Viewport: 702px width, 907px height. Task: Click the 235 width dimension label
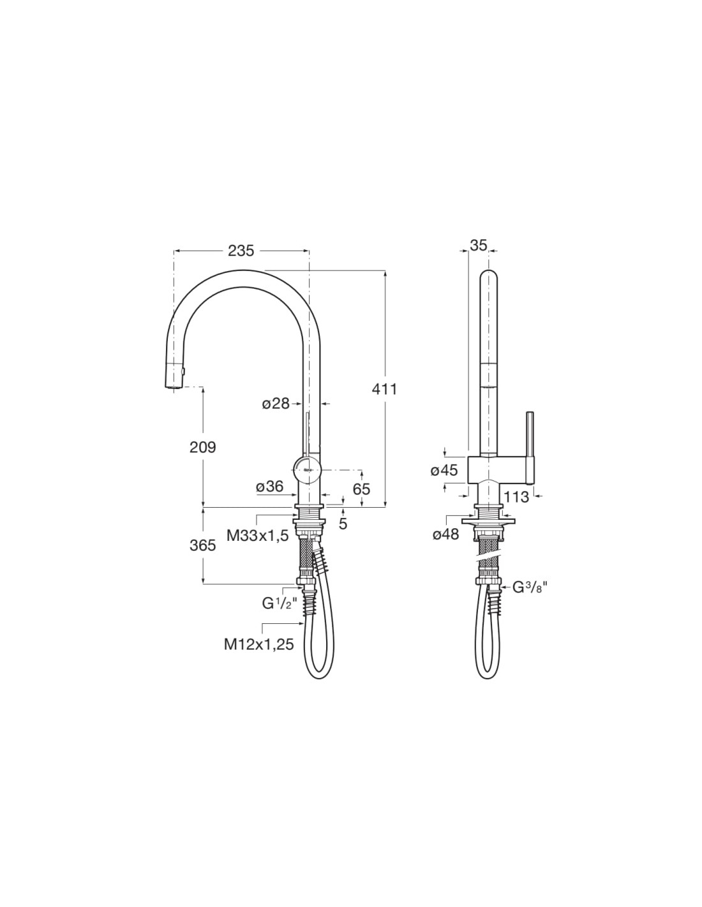click(x=241, y=251)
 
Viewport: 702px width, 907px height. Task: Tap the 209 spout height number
click(x=202, y=447)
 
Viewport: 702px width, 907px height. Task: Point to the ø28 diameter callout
click(x=276, y=404)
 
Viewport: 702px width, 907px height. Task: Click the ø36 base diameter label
click(x=270, y=486)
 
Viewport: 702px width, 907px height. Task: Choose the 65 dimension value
click(x=361, y=489)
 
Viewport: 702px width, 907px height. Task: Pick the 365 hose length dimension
click(x=202, y=545)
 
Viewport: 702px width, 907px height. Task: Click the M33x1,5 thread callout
click(x=258, y=536)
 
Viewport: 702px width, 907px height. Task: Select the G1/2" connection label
click(x=280, y=603)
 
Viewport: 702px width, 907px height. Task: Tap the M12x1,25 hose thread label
click(x=259, y=644)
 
